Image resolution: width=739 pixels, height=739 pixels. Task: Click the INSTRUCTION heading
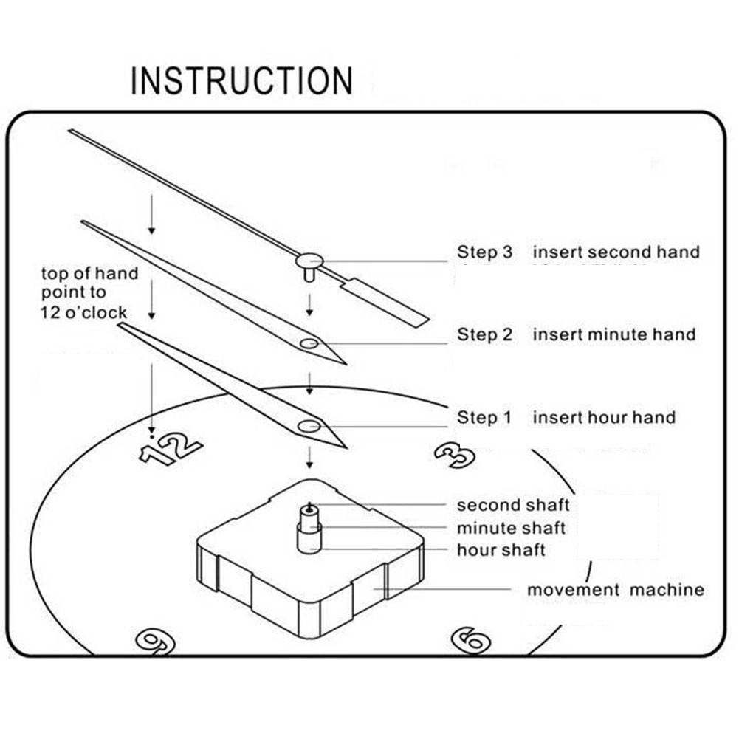coord(241,80)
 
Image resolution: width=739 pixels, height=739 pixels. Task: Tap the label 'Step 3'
coord(484,252)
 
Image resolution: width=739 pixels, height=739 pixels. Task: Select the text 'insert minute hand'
coord(614,334)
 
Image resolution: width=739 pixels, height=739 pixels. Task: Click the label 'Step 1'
coord(484,417)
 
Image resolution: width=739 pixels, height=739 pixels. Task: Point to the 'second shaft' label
coord(513,506)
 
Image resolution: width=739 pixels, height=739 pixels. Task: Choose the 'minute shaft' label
coord(511,528)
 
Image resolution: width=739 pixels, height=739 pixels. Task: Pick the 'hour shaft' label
coord(501,550)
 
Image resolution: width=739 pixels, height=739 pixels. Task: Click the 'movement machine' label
coord(615,590)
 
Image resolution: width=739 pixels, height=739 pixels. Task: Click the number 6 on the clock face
coord(470,639)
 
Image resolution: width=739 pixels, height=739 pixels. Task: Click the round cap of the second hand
coord(310,260)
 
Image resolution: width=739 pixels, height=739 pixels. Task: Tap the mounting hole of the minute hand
coord(309,343)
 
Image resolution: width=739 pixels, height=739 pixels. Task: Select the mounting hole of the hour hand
coord(309,426)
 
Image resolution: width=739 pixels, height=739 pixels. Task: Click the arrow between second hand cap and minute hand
coord(310,303)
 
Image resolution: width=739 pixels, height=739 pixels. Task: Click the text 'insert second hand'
coord(616,252)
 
